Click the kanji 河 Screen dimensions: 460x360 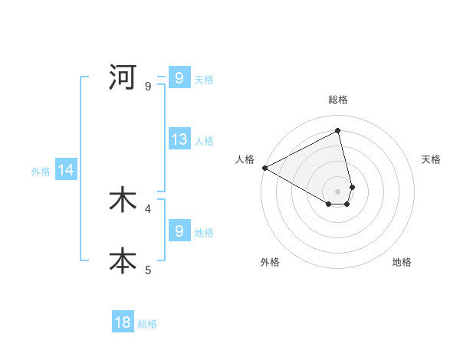(123, 77)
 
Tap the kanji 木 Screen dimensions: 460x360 (123, 200)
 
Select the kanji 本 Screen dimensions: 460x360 (123, 260)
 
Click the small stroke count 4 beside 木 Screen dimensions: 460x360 (148, 208)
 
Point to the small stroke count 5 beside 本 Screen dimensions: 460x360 (148, 270)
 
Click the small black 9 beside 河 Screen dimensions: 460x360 (148, 86)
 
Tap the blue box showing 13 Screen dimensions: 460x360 (179, 139)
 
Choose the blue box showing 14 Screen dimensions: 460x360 (66, 171)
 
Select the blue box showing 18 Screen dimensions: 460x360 (123, 322)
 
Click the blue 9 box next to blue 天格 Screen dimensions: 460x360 (179, 78)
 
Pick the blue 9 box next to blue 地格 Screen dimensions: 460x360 (179, 231)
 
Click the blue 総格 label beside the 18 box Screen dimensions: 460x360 (147, 324)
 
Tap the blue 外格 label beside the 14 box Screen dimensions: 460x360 (41, 172)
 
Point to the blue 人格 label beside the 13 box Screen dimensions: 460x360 (204, 141)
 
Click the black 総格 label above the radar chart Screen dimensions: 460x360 (338, 100)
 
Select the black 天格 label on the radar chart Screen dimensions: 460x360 (432, 159)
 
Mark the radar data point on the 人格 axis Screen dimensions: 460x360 (264, 168)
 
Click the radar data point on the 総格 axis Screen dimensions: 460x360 (338, 130)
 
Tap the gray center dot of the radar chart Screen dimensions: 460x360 (338, 191)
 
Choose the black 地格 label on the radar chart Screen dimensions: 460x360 (402, 262)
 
